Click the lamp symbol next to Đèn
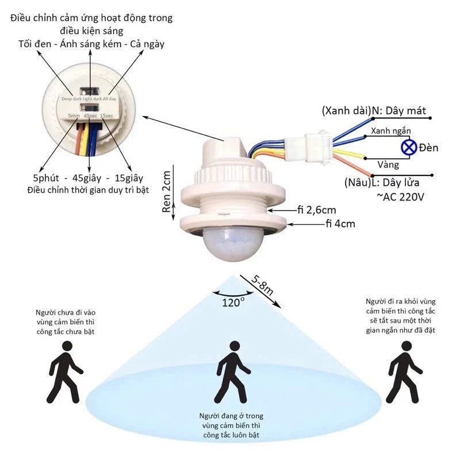tap(409, 147)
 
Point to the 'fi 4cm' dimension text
tap(340, 224)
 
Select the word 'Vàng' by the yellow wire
tap(388, 164)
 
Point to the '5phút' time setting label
tap(51, 178)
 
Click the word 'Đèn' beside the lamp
tap(428, 148)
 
